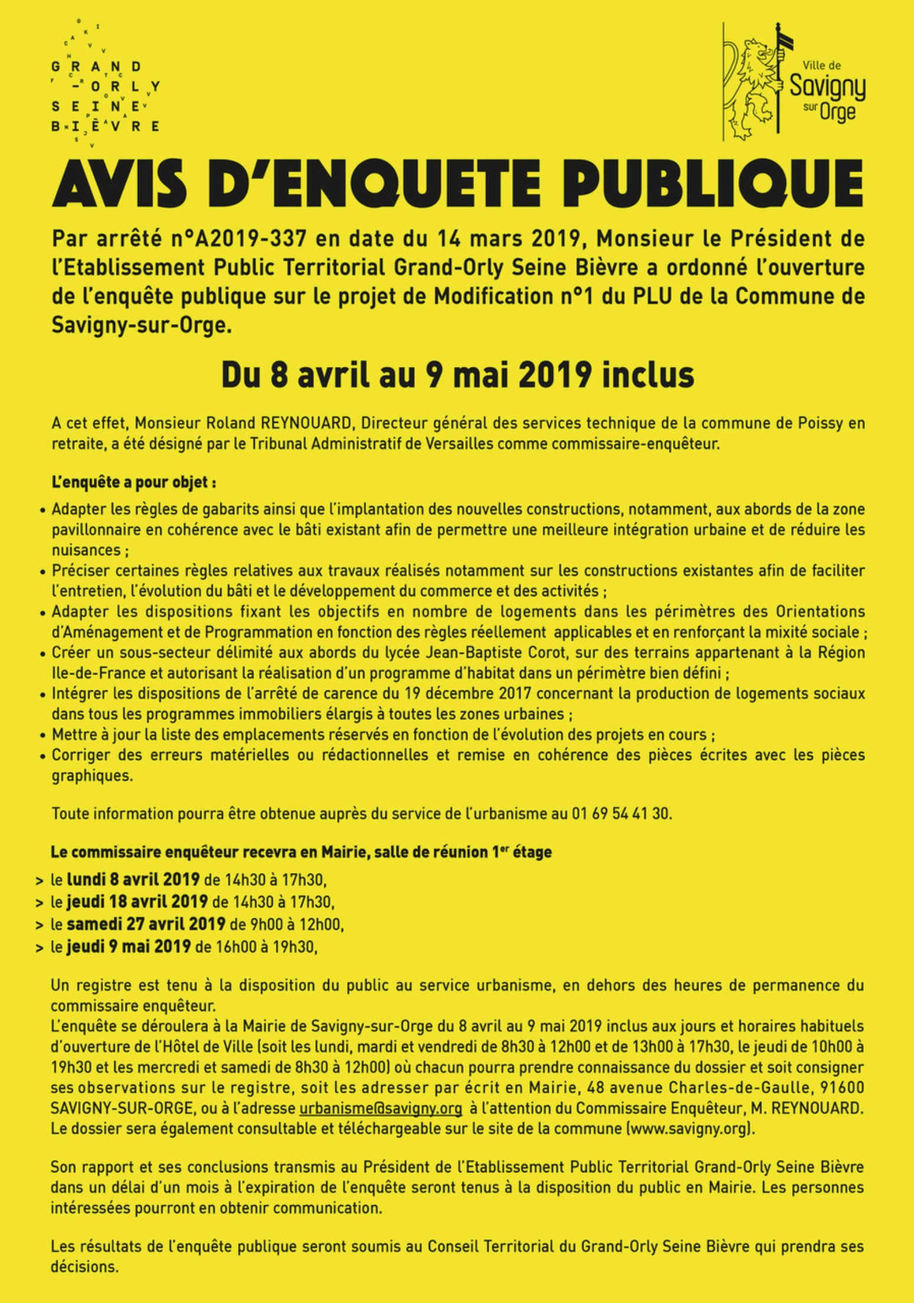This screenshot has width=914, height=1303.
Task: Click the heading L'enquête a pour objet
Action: (133, 482)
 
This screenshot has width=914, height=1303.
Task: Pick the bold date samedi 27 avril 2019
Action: (146, 924)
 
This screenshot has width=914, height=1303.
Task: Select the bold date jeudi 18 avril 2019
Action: (137, 902)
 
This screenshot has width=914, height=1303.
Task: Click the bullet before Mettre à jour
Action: (43, 736)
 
